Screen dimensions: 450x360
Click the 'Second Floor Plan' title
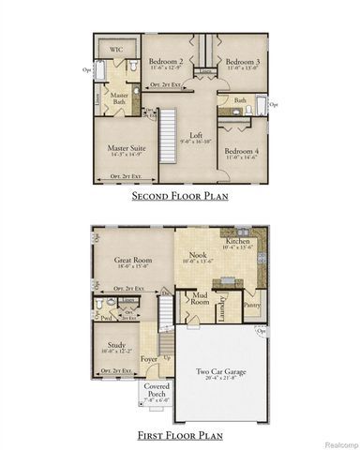(180, 198)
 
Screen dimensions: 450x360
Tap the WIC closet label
(117, 48)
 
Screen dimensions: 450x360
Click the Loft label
(197, 136)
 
